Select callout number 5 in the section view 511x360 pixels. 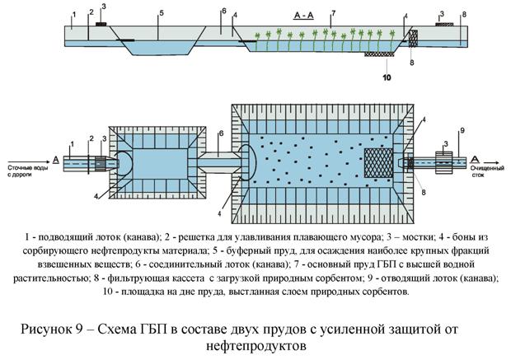click(162, 13)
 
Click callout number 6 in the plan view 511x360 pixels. click(220, 133)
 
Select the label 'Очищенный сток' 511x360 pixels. click(485, 170)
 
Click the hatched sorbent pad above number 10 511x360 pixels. click(380, 55)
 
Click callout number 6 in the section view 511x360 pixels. click(223, 12)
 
